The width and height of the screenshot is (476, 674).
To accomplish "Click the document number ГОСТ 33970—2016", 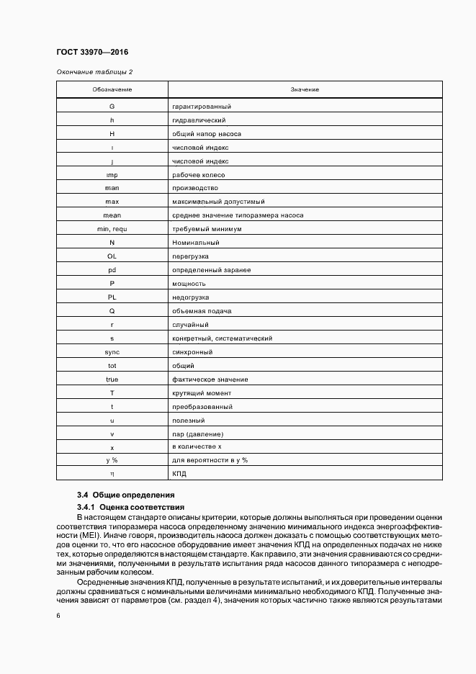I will point(91,52).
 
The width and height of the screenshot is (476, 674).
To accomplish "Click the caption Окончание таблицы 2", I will point(94,72).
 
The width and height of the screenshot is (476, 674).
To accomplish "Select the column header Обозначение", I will point(112,89).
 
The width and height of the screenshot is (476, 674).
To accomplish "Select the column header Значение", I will point(305,89).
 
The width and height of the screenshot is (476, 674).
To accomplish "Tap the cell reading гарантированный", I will point(201,107).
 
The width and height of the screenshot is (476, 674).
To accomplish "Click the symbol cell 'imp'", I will point(112,174).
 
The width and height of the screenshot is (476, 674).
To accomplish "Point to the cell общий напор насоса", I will point(206,134).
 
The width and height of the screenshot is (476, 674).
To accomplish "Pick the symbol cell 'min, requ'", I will point(112,228).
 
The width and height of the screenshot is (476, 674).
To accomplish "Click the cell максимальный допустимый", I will point(218,202).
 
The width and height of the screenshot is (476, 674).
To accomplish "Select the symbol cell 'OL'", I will point(112,256).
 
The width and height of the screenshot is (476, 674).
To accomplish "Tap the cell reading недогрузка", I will point(191,297).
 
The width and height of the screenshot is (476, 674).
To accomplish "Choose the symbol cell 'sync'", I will point(112,351).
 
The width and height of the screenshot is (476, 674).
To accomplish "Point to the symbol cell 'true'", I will point(112,379).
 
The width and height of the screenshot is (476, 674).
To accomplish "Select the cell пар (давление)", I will point(197,433).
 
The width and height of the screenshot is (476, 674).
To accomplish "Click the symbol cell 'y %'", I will point(112,460).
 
